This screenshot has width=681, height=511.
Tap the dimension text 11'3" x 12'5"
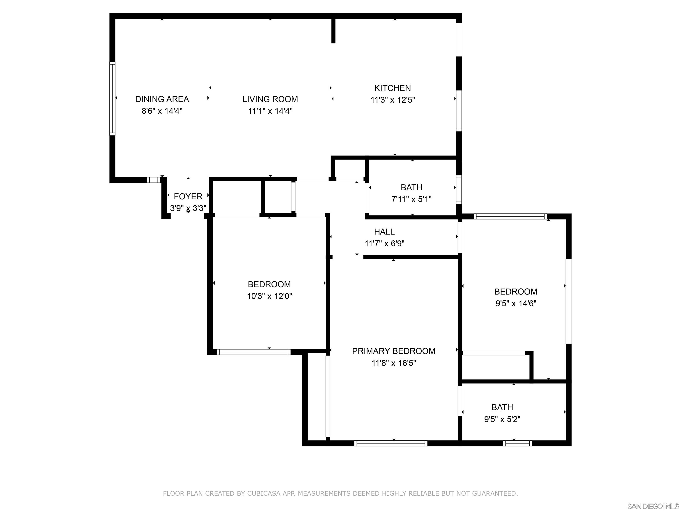tap(393, 100)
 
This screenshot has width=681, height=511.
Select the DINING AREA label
tap(162, 99)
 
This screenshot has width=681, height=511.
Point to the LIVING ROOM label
tap(270, 99)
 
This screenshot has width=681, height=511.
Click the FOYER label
tap(188, 197)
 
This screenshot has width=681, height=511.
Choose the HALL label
tap(384, 232)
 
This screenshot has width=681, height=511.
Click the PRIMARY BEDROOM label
tap(393, 351)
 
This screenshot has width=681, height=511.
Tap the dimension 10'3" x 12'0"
tap(269, 296)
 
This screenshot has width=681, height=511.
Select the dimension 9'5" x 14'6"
tap(516, 303)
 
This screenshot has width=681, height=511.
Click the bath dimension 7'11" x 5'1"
tap(411, 199)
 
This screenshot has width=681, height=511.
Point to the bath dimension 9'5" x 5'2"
tap(502, 419)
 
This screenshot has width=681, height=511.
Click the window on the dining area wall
tap(112, 98)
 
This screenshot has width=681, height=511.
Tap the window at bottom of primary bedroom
tap(390, 443)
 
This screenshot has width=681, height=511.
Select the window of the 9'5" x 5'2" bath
tap(517, 443)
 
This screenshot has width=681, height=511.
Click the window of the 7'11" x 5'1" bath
tap(459, 189)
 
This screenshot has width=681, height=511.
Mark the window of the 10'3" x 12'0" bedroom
tap(254, 352)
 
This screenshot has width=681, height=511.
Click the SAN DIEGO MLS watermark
tap(653, 506)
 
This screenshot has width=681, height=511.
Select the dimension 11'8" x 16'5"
tap(393, 363)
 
